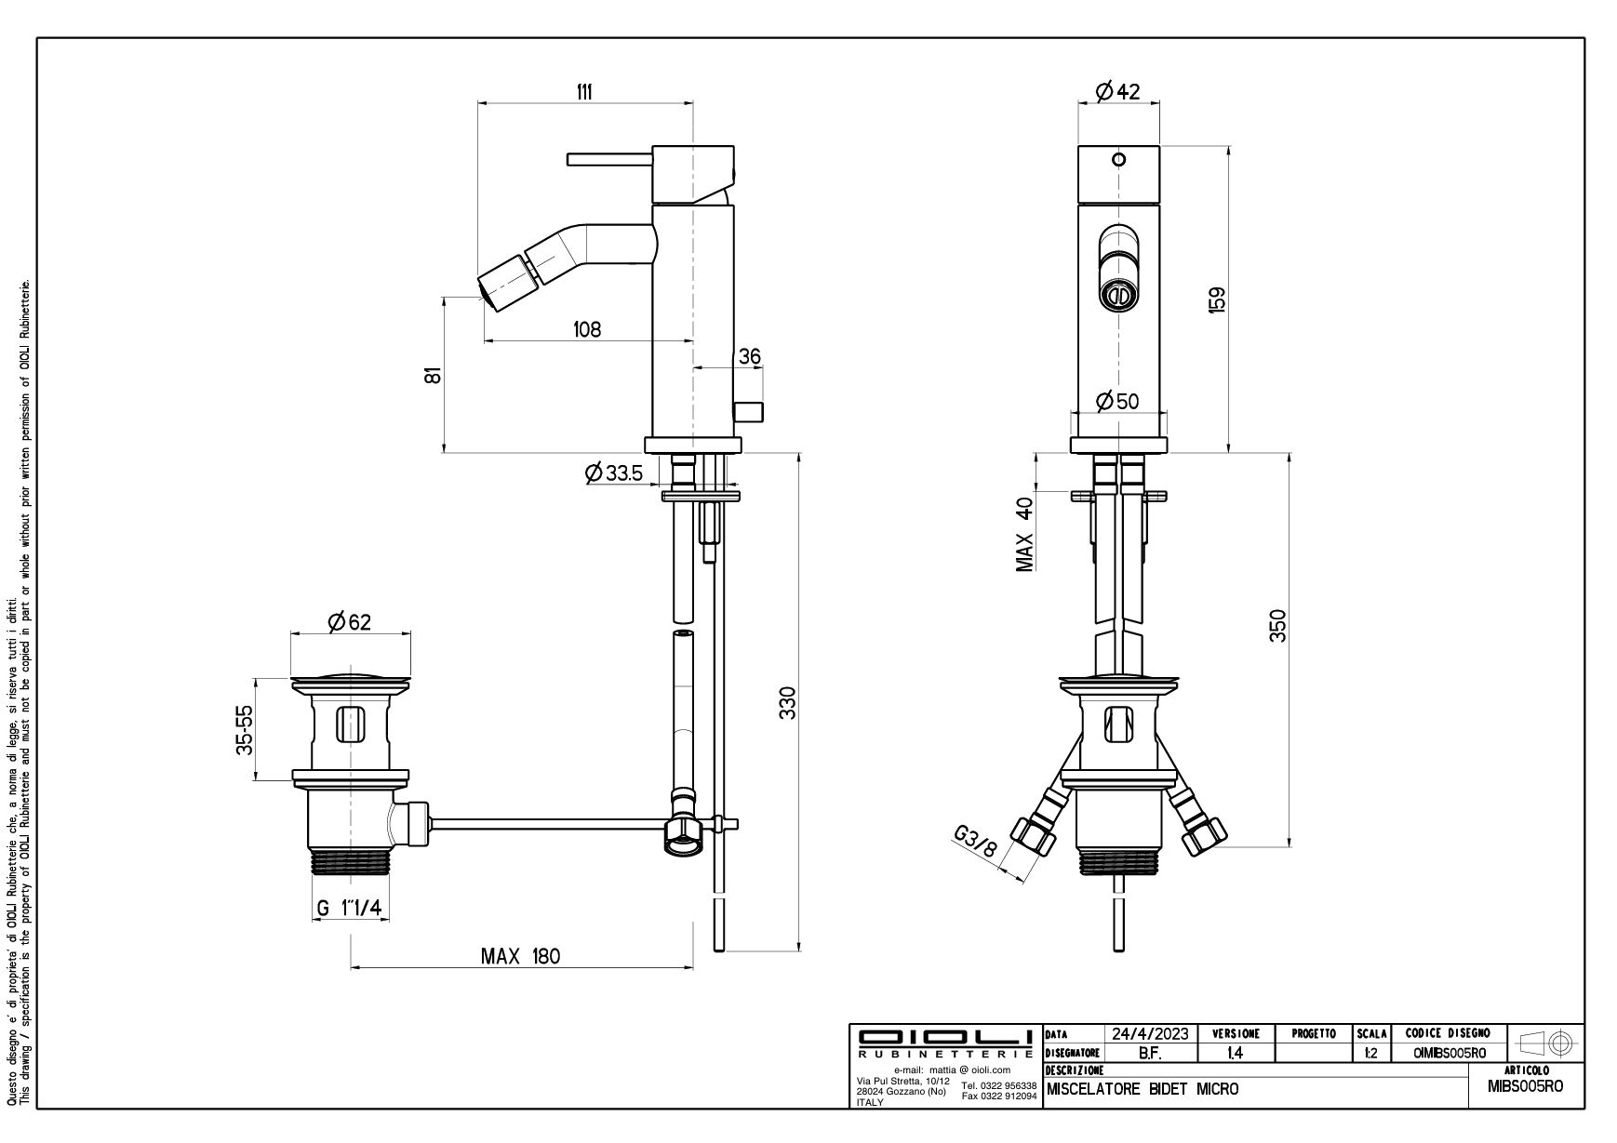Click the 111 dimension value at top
tap(583, 91)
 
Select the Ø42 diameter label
tap(1117, 91)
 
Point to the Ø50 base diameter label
tap(1117, 401)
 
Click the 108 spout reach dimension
tap(587, 329)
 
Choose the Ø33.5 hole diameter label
tap(614, 473)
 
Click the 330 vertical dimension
tap(787, 703)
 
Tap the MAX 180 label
tap(520, 956)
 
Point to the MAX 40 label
tap(1025, 535)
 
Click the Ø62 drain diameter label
tap(349, 621)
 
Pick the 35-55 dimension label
tap(245, 729)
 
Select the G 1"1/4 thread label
tap(349, 909)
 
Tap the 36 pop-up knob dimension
tap(750, 357)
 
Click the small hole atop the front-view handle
tap(1119, 159)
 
